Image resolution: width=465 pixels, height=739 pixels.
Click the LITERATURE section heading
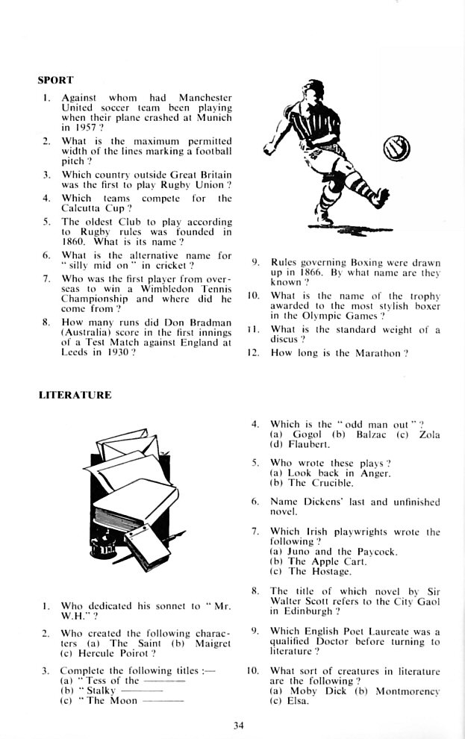pos(75,395)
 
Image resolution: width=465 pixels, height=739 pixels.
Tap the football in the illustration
pos(395,151)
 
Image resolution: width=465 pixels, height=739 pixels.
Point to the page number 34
pos(237,723)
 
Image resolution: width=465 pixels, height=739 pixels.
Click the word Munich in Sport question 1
pos(216,118)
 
